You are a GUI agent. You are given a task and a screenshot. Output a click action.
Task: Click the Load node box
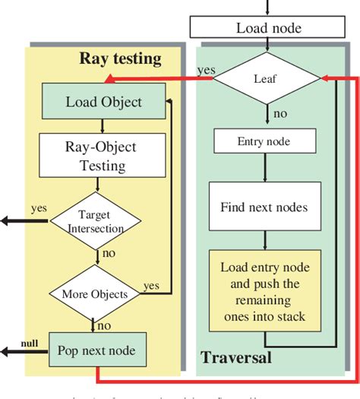point(268,28)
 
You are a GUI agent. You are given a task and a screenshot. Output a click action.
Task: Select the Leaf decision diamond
point(267,78)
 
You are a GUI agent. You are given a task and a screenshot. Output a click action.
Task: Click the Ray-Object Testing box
point(94,155)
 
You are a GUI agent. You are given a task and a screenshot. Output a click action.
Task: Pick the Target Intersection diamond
point(96,220)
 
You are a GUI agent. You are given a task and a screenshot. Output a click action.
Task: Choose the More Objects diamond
point(96,293)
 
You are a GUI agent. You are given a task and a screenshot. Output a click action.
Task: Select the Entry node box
point(264,141)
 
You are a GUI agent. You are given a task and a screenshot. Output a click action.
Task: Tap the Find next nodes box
point(264,206)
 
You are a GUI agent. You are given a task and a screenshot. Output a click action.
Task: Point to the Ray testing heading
point(120,58)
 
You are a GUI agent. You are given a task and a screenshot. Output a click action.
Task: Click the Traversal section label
point(236,357)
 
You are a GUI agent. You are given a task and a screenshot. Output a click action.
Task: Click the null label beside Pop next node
point(28,344)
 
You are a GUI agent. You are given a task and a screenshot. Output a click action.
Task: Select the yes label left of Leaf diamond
point(205,70)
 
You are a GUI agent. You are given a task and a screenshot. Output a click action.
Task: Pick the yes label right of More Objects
point(151,286)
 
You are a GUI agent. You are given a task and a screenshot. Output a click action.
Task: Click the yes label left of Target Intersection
point(39,207)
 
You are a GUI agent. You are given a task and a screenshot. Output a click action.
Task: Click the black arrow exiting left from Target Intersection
point(23,221)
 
